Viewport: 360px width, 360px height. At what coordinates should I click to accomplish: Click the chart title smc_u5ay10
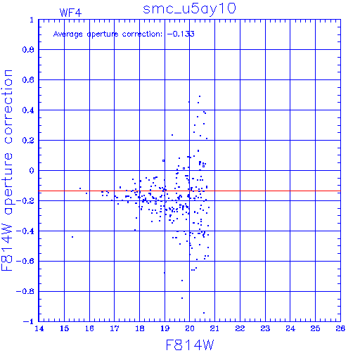click(x=189, y=9)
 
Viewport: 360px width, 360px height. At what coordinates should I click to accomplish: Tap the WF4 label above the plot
click(x=70, y=13)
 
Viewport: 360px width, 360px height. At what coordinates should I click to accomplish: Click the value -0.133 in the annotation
click(x=181, y=34)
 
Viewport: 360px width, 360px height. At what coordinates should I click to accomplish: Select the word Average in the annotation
click(x=68, y=34)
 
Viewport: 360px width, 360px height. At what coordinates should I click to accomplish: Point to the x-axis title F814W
click(x=190, y=345)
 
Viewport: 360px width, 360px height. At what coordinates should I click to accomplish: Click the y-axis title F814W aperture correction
click(x=7, y=170)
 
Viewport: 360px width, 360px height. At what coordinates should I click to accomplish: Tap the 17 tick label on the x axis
click(x=115, y=328)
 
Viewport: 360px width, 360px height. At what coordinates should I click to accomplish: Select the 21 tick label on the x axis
click(x=214, y=328)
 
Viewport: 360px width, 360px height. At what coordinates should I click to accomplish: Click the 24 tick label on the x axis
click(x=290, y=328)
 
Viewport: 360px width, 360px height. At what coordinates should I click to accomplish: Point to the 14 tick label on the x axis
click(x=39, y=328)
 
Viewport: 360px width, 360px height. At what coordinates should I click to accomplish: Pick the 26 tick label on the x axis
click(x=340, y=328)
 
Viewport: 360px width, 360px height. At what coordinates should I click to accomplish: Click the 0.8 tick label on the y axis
click(x=28, y=50)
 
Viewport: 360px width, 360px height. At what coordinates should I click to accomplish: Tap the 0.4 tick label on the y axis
click(x=28, y=110)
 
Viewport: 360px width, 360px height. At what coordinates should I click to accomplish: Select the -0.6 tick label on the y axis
click(x=25, y=261)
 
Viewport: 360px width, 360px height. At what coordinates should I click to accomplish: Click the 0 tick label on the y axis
click(x=32, y=171)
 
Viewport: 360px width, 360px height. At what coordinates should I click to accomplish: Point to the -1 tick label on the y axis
click(x=29, y=321)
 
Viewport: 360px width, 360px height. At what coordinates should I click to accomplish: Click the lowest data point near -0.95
click(x=204, y=313)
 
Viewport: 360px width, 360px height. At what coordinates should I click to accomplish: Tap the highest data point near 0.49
click(x=200, y=96)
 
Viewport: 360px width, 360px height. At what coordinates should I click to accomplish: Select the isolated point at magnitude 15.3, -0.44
click(x=72, y=237)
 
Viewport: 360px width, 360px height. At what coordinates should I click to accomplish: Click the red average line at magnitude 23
click(x=265, y=191)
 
